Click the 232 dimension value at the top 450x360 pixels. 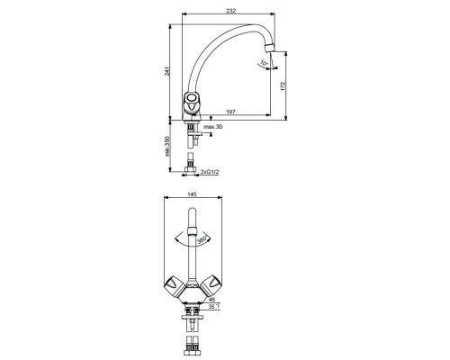[231, 11]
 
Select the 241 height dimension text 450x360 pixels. [167, 71]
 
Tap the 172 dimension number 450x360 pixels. [283, 85]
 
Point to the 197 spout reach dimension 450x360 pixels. [230, 112]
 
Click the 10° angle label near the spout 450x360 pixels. [264, 63]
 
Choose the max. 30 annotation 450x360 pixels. [212, 127]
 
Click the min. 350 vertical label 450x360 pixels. [167, 146]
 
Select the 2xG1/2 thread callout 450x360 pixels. [210, 172]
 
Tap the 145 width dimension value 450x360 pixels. [192, 194]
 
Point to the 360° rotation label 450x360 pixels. [202, 240]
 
